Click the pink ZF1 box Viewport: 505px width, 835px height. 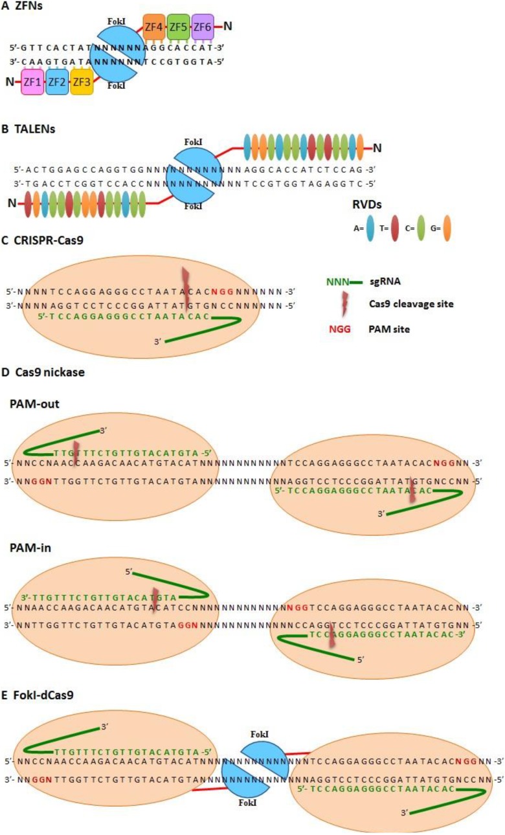pos(33,82)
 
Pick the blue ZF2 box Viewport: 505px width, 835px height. pos(58,82)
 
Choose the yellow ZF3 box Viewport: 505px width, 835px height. pos(82,82)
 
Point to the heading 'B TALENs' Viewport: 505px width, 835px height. pos(28,129)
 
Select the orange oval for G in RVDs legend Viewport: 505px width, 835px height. pos(447,229)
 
